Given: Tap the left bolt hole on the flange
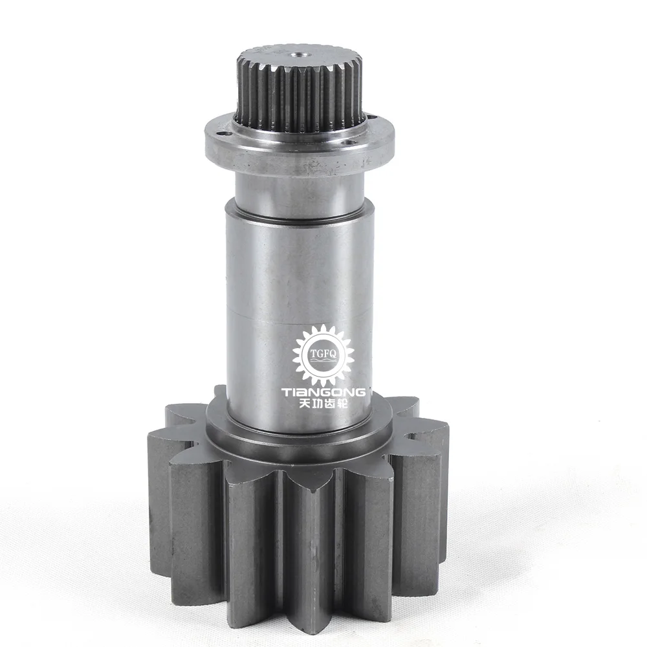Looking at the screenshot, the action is point(223,134).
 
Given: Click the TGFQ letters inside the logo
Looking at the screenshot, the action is point(323,354).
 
